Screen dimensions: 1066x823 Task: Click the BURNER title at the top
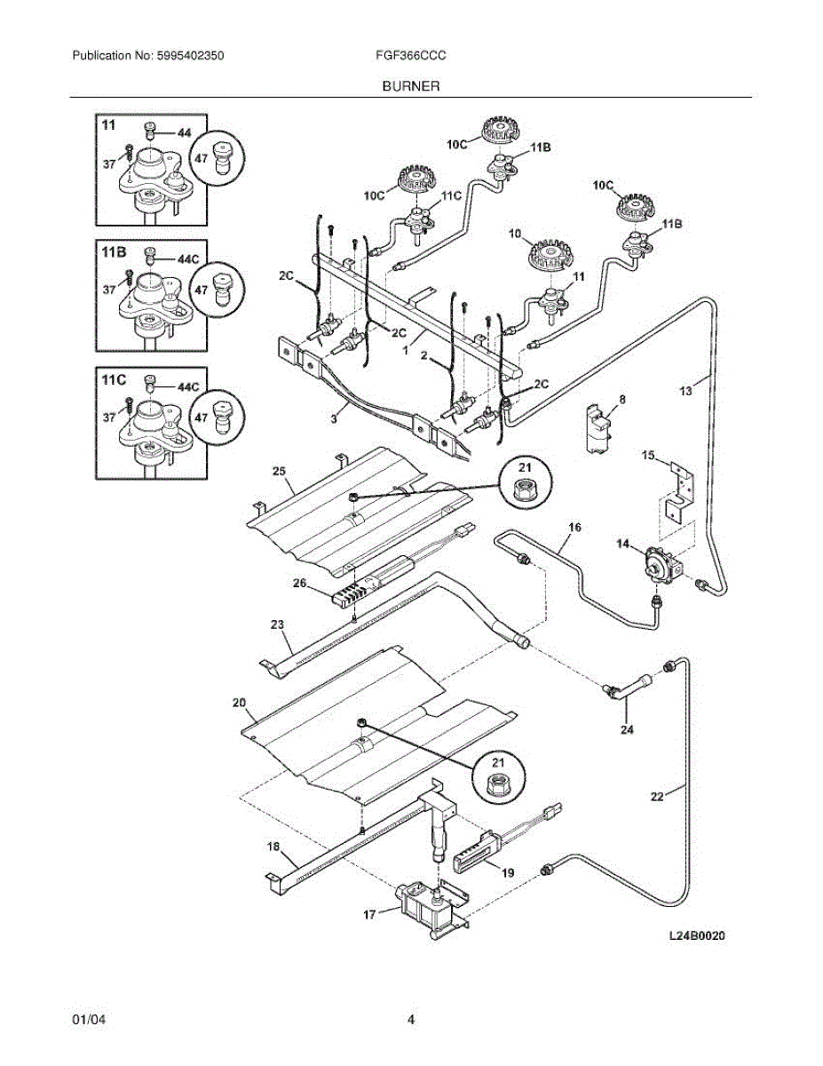pyautogui.click(x=411, y=86)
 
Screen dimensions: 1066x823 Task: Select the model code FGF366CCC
pyautogui.click(x=410, y=55)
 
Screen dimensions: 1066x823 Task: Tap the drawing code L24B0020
pyautogui.click(x=698, y=935)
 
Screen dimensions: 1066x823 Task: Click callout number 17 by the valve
pyautogui.click(x=369, y=912)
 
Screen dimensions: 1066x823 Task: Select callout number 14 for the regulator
pyautogui.click(x=622, y=543)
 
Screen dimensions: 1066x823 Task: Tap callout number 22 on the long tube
pyautogui.click(x=656, y=797)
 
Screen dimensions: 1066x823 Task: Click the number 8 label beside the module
pyautogui.click(x=622, y=401)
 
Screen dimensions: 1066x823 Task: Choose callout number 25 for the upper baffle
pyautogui.click(x=278, y=470)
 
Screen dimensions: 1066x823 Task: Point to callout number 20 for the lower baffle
pyautogui.click(x=238, y=703)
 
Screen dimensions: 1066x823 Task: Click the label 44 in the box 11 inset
pyautogui.click(x=184, y=132)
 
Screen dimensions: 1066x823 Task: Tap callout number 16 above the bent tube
pyautogui.click(x=574, y=527)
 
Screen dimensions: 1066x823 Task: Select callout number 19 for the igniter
pyautogui.click(x=508, y=873)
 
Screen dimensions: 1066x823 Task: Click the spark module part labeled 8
pyautogui.click(x=599, y=431)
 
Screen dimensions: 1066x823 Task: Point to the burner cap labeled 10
pyautogui.click(x=546, y=258)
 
